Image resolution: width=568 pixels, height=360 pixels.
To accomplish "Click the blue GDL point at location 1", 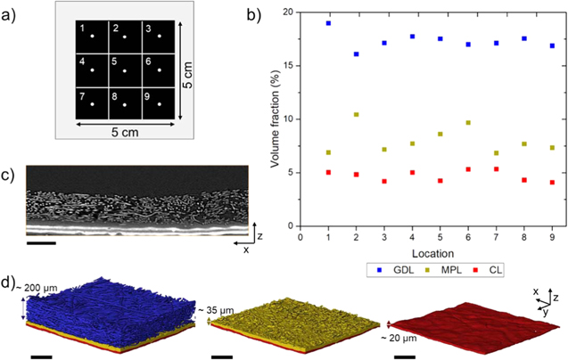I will [x=329, y=23].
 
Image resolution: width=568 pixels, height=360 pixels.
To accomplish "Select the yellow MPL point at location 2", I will [x=357, y=115].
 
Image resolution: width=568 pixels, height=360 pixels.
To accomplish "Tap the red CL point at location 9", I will [x=552, y=183].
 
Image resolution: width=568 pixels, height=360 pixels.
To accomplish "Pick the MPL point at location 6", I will [x=468, y=123].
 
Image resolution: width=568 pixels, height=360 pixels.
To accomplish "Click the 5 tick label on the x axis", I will [x=440, y=237].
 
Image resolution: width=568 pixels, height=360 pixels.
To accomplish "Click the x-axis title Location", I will [x=426, y=251].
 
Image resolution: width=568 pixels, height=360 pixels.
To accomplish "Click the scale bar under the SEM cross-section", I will [x=41, y=241].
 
